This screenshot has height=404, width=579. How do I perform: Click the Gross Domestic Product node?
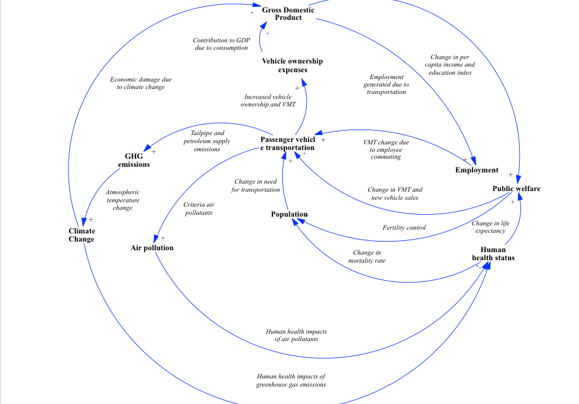(x=288, y=14)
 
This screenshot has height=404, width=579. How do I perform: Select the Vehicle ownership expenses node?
(x=292, y=65)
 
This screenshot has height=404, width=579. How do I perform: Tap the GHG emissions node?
(x=134, y=160)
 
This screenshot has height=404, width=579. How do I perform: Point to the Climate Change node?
(x=82, y=235)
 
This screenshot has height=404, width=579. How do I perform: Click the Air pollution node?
(x=152, y=248)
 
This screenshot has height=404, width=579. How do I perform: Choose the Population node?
(x=289, y=214)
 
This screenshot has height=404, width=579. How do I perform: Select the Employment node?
(x=477, y=170)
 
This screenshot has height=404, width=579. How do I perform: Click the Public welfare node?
(x=516, y=189)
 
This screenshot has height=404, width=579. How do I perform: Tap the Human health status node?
(x=493, y=253)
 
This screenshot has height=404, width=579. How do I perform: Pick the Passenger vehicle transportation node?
(x=287, y=144)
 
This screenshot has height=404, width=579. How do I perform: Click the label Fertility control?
(x=404, y=227)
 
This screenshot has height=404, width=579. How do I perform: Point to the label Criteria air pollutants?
(x=199, y=209)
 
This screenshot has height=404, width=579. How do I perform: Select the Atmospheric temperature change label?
(x=123, y=200)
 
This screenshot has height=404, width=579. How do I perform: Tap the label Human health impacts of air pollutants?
(x=296, y=335)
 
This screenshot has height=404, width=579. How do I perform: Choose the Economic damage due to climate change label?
(x=141, y=83)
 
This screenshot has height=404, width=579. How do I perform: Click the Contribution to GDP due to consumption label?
(x=221, y=44)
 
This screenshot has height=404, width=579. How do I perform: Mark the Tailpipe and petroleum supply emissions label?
(x=207, y=141)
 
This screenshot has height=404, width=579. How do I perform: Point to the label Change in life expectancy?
(x=490, y=227)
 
